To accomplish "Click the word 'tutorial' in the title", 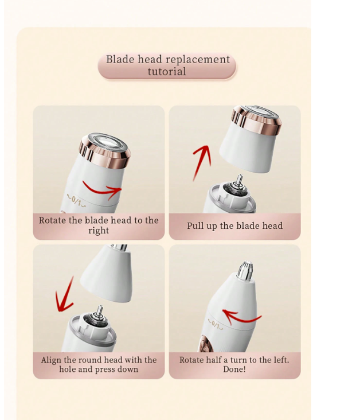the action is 167,72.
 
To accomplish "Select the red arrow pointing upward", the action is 202,163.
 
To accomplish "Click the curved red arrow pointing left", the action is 241,317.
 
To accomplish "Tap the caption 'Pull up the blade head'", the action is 234,226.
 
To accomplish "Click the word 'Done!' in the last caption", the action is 234,369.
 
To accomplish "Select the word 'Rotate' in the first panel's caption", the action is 53,220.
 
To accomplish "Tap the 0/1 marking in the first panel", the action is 76,201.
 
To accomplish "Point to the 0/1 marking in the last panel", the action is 216,325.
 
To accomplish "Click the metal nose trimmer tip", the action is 244,271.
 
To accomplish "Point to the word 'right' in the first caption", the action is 99,231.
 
